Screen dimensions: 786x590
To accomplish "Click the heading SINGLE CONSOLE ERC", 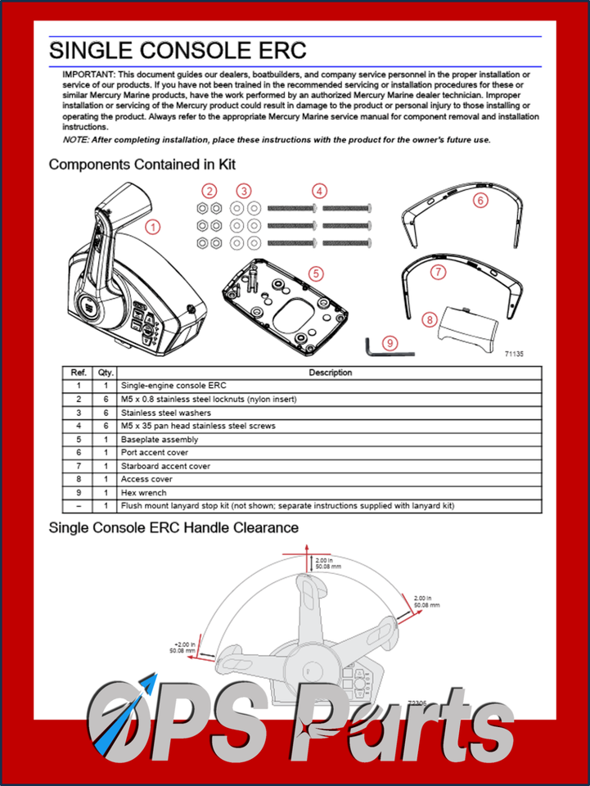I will (x=178, y=50).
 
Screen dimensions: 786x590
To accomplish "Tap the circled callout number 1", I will (x=153, y=226).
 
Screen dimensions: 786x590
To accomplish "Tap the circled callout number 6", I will (x=480, y=198).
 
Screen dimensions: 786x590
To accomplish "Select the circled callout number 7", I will (x=439, y=271).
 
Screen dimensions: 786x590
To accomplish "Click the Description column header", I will (x=330, y=373).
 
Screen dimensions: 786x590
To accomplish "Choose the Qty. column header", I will (x=105, y=373).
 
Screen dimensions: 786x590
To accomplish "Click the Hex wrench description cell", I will (x=143, y=493).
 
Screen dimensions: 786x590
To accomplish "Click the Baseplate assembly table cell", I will (x=159, y=440).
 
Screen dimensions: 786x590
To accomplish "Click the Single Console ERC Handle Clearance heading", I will (x=173, y=528).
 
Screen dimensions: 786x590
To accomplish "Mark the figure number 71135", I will (x=514, y=355).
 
